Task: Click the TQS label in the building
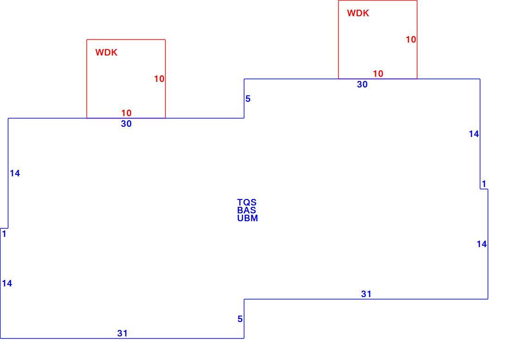tap(247, 203)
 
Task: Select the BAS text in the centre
tap(246, 211)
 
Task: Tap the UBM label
tap(248, 218)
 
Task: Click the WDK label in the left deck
tap(106, 53)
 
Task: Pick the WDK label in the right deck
tap(358, 13)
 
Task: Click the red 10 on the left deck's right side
tap(159, 79)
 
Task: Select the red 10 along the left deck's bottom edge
tap(126, 113)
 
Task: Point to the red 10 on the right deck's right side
tap(411, 40)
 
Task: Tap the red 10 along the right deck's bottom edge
tap(378, 74)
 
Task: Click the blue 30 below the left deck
tap(126, 124)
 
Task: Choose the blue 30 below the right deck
tap(362, 84)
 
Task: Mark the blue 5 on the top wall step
tap(248, 99)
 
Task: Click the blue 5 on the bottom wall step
tap(240, 319)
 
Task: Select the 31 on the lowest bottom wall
tap(122, 333)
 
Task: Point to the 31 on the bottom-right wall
tap(366, 294)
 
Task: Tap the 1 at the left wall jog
tap(4, 234)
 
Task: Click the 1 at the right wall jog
tap(484, 184)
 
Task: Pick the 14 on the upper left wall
tap(15, 174)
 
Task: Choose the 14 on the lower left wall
tap(7, 283)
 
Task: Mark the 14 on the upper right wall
tap(474, 134)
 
